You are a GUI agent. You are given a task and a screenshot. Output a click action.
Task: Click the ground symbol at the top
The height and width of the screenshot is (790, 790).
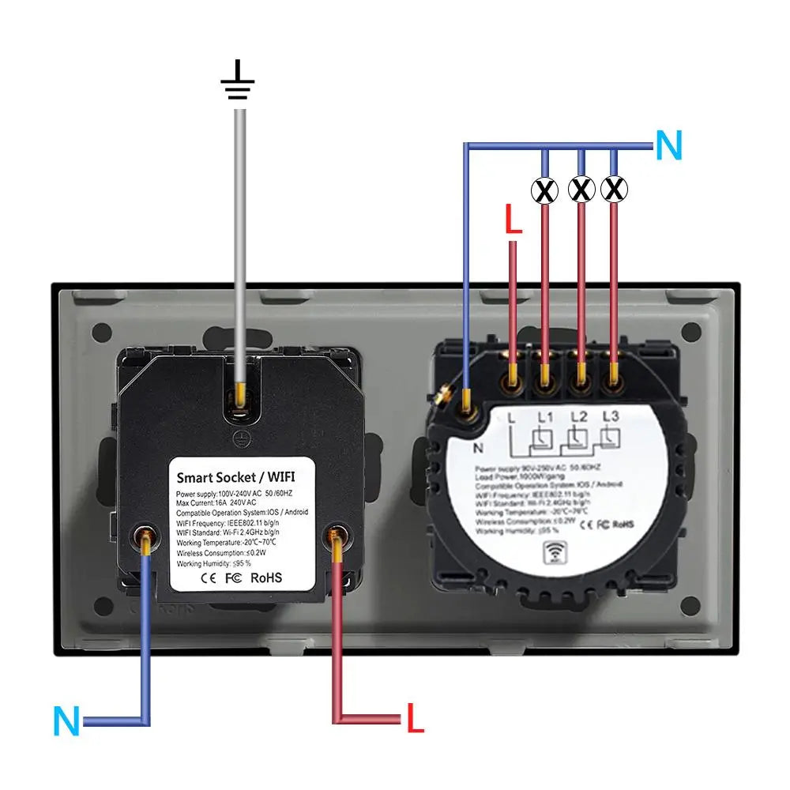click(x=238, y=84)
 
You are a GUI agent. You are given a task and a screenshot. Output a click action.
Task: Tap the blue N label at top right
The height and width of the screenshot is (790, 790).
click(x=668, y=146)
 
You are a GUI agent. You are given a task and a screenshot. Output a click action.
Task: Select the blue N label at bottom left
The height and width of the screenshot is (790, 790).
click(x=67, y=721)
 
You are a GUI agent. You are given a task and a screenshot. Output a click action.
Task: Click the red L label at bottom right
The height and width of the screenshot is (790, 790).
click(x=416, y=717)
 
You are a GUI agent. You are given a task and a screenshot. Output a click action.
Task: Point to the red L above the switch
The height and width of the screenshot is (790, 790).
click(x=513, y=220)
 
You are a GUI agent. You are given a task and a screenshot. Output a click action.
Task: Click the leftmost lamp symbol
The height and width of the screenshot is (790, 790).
click(x=544, y=190)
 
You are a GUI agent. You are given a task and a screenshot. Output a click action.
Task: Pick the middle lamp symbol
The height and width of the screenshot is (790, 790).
click(x=581, y=190)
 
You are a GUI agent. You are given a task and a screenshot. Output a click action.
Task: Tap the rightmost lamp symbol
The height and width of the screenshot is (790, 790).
click(x=614, y=190)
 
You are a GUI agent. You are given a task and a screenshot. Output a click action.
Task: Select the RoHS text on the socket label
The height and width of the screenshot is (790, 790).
click(x=266, y=577)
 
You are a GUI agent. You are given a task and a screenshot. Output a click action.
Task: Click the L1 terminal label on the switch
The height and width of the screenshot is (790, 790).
click(x=546, y=416)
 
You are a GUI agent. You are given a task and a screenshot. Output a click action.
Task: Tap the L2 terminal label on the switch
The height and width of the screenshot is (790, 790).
click(x=579, y=416)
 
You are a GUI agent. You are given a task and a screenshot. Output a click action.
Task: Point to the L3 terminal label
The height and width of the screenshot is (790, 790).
click(x=610, y=416)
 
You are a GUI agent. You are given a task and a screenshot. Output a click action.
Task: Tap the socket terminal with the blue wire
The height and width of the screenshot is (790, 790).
click(x=145, y=539)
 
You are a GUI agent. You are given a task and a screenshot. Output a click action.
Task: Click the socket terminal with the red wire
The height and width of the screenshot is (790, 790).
click(x=337, y=539)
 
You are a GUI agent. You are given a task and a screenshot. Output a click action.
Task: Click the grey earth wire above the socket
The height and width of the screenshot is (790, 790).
click(x=239, y=237)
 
